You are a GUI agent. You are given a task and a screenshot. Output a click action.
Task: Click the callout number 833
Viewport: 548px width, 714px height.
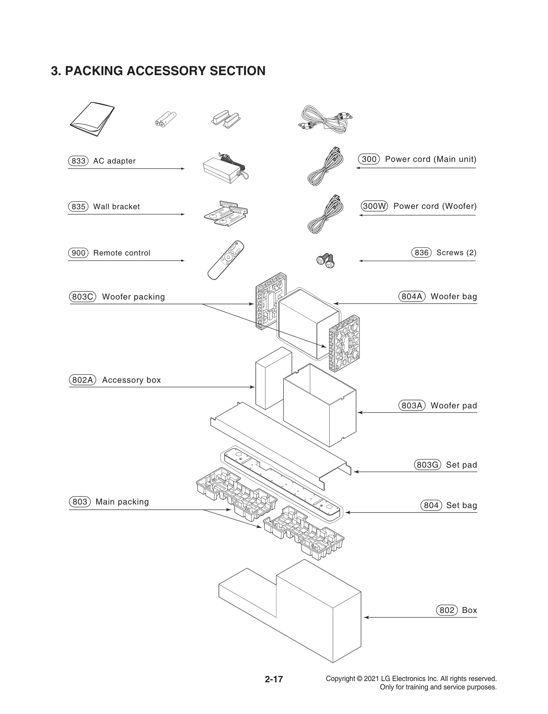pos(78,161)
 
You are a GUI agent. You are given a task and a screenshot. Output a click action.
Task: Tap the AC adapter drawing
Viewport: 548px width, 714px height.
pos(224,168)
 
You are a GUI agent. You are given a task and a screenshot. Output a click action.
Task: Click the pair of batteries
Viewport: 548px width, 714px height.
pos(166,119)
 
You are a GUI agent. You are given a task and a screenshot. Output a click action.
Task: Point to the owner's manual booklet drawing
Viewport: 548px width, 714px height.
pos(92,119)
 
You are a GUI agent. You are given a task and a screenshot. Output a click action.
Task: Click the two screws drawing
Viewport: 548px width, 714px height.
pos(325,260)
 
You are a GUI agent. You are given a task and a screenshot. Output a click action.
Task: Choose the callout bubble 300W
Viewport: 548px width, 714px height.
pos(374,206)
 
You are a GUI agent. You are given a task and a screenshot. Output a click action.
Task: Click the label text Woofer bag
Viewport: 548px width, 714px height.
pos(453,296)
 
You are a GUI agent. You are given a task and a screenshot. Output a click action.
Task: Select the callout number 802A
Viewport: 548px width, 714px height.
pos(83,380)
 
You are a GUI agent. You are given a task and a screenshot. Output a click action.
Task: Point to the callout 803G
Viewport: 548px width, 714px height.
pos(427,465)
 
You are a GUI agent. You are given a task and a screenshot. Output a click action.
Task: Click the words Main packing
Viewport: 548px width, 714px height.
pos(122,502)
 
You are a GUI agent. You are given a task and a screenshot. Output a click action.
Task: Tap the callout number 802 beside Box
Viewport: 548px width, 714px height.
pos(447,610)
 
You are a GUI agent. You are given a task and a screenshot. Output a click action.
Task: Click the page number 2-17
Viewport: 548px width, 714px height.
pos(274,679)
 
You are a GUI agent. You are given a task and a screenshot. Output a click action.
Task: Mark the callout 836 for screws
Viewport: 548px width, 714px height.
pos(421,253)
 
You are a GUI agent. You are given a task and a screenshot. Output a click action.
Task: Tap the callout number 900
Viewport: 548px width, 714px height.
pos(78,253)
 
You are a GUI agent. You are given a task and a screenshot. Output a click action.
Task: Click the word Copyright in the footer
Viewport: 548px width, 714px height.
pos(340,679)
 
